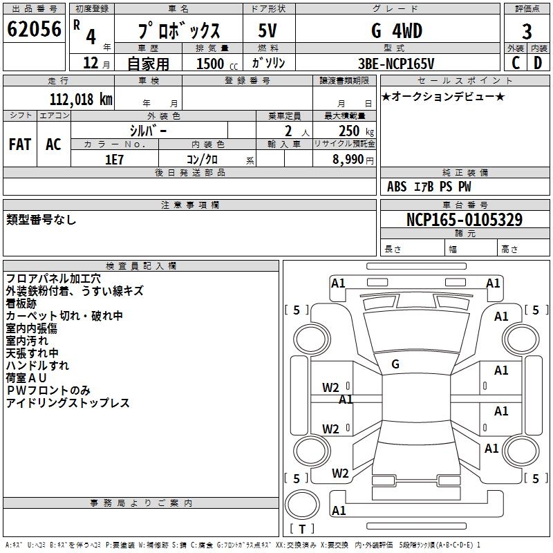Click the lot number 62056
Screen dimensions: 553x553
(x=34, y=29)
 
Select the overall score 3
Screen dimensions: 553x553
(x=527, y=32)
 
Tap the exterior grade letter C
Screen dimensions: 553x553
(x=516, y=63)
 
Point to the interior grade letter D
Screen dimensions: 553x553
(x=538, y=63)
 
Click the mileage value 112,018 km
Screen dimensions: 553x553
(x=81, y=100)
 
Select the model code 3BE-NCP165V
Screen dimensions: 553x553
(x=396, y=64)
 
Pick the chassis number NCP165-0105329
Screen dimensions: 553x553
(x=465, y=220)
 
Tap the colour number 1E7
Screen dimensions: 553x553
(x=114, y=160)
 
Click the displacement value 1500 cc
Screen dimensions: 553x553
(x=217, y=64)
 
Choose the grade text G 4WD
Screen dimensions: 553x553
(x=397, y=30)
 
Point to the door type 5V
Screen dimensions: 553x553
(x=268, y=30)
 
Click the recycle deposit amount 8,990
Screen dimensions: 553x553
(x=348, y=160)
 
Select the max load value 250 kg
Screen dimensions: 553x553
(x=356, y=131)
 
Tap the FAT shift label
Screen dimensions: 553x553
(x=20, y=144)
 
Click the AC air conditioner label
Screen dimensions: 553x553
(x=53, y=144)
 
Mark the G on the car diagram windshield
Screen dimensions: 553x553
(x=395, y=364)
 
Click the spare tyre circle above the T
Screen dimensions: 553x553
(x=302, y=505)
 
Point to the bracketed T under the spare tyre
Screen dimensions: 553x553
(x=302, y=529)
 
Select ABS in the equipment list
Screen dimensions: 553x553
(x=397, y=187)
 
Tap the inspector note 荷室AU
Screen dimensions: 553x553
(x=26, y=377)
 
